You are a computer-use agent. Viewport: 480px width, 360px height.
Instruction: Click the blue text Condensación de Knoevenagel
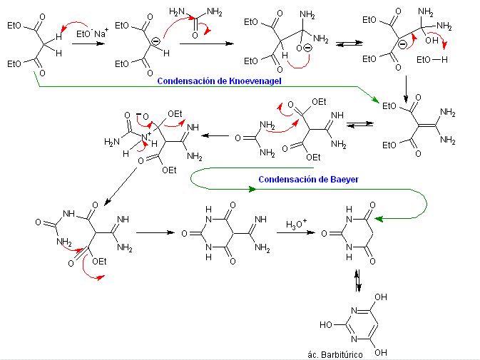pos(219,81)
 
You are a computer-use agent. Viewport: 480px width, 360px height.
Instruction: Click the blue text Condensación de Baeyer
pos(308,179)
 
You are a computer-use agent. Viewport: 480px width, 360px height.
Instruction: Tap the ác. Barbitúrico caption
pos(335,355)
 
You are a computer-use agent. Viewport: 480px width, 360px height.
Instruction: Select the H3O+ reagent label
pos(296,225)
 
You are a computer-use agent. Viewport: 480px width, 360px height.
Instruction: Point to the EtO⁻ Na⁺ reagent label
pos(92,33)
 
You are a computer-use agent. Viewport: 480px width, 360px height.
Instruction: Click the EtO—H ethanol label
pos(432,60)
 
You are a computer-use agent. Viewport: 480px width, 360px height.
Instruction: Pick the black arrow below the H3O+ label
pos(296,233)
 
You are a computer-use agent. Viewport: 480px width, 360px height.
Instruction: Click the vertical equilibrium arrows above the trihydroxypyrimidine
pos(358,280)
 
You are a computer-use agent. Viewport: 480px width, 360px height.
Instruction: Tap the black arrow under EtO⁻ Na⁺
pos(88,43)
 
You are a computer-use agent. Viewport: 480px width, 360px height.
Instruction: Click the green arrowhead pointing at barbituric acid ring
pos(379,219)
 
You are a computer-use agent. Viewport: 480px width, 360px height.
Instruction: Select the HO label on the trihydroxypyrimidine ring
pos(326,324)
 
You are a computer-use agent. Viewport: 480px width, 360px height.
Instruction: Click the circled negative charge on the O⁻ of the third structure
pos(308,48)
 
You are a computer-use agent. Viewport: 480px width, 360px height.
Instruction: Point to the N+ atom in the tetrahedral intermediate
pos(146,136)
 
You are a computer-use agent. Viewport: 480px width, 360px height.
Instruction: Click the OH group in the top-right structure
pos(432,40)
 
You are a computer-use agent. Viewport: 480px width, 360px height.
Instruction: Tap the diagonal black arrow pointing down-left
pos(121,187)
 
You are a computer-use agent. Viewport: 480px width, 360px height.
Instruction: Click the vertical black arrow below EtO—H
pos(406,89)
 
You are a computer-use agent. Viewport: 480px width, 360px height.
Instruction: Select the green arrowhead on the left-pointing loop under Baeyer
pos(252,190)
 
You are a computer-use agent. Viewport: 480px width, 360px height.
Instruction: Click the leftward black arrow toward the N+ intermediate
pos(215,135)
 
